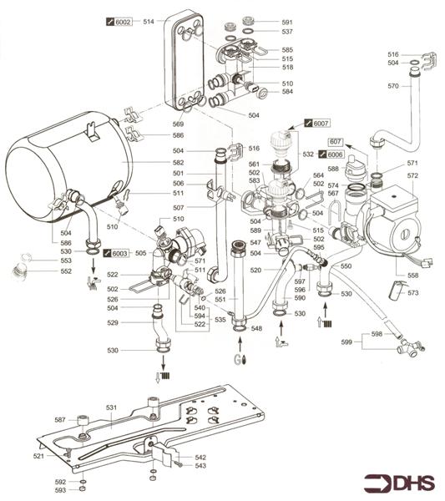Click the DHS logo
[398, 483]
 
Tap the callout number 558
[412, 275]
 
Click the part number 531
[111, 407]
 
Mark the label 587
[59, 420]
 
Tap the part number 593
[59, 490]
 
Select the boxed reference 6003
[119, 251]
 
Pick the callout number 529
[123, 322]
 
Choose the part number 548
[257, 328]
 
